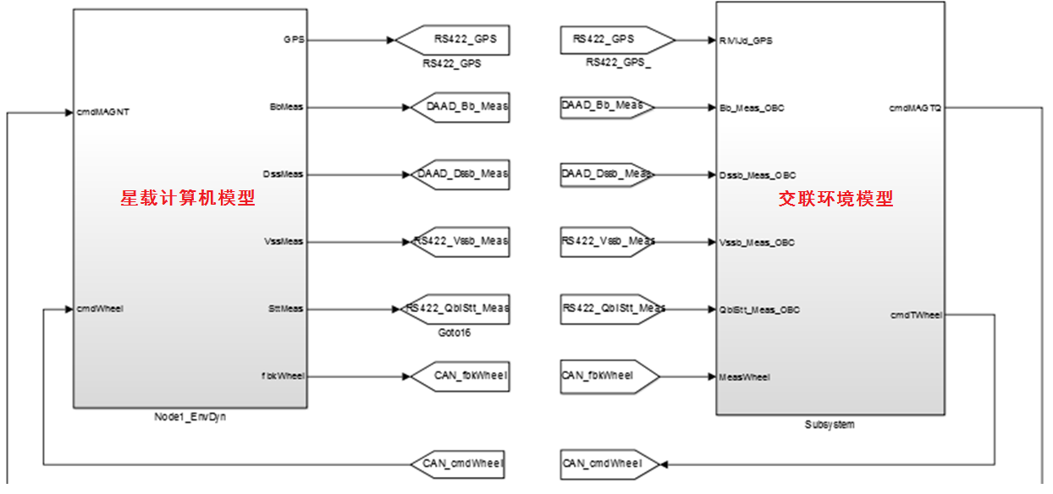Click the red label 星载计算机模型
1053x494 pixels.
(x=188, y=199)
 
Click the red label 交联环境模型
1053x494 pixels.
(x=835, y=200)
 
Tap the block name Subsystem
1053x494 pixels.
(x=829, y=425)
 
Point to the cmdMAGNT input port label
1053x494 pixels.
(x=102, y=112)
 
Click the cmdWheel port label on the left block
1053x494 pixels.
(x=100, y=308)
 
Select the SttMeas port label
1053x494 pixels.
(x=285, y=309)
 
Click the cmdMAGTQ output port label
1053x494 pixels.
(x=915, y=108)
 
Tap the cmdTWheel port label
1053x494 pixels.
(x=916, y=315)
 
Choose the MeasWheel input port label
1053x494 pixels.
(x=745, y=377)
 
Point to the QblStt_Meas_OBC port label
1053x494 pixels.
(x=759, y=310)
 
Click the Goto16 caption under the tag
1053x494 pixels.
(x=454, y=333)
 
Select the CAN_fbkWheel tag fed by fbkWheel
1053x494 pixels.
(x=460, y=376)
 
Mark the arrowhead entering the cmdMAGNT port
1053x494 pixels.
(x=69, y=112)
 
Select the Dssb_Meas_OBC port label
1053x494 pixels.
(x=757, y=175)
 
